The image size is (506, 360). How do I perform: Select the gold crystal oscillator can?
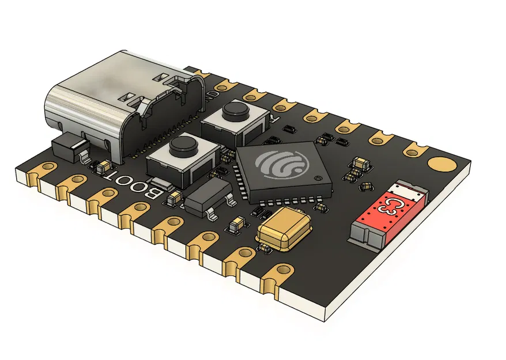[x=284, y=228]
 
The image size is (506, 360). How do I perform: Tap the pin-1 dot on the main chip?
[x=316, y=179]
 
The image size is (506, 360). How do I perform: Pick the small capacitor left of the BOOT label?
[x=102, y=166]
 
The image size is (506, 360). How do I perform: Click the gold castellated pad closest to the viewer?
[x=282, y=270]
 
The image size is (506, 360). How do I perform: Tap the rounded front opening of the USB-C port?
[x=66, y=107]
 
